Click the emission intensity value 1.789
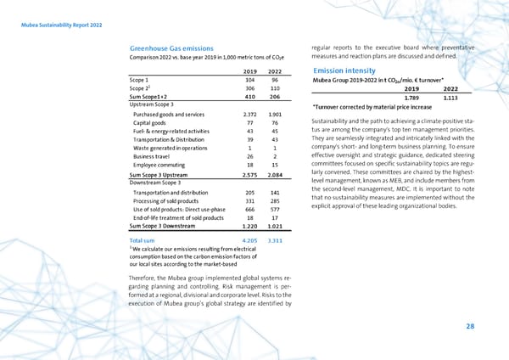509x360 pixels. click(409, 97)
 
